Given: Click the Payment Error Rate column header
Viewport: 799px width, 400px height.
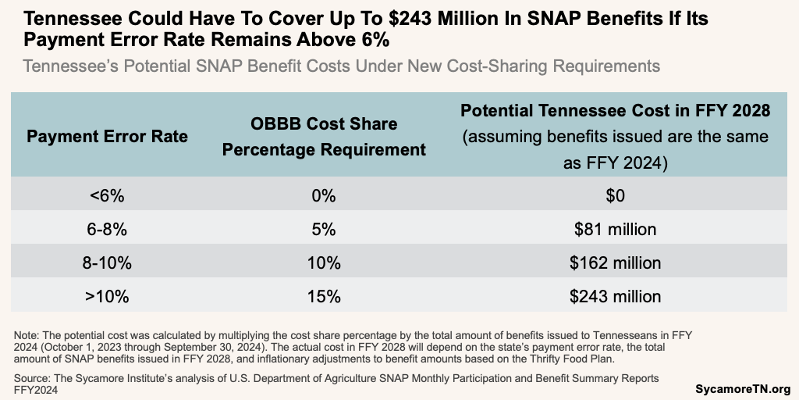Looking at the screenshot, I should pos(108,136).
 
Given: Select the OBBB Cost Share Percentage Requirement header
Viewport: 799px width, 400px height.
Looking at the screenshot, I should pos(324,136).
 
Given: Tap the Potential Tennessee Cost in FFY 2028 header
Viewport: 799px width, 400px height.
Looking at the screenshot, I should pos(616,136).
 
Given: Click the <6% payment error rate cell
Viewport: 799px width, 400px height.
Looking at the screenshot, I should pos(108,196).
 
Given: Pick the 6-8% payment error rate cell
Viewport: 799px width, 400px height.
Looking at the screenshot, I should pos(108,230).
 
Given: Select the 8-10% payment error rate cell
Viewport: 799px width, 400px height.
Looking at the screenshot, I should pos(108,263).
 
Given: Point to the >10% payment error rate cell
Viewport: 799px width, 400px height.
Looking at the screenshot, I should pos(108,297).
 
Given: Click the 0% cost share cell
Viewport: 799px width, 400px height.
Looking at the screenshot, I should pos(324,196).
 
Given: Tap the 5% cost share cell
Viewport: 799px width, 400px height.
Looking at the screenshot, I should pos(324,230).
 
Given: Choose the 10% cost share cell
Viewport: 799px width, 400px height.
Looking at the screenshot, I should pos(324,263).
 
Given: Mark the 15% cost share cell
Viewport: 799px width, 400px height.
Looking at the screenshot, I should pos(324,297).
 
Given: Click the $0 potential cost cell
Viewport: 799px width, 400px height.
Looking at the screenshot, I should pos(616,196).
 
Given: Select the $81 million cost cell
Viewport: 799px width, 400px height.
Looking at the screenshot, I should pos(616,230).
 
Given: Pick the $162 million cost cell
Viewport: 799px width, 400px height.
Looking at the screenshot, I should pos(616,263).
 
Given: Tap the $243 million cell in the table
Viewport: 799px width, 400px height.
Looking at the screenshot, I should pos(616,297).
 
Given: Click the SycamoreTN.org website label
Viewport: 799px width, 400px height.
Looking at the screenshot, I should pos(743,388).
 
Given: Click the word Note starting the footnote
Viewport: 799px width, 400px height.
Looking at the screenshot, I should pos(27,335).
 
